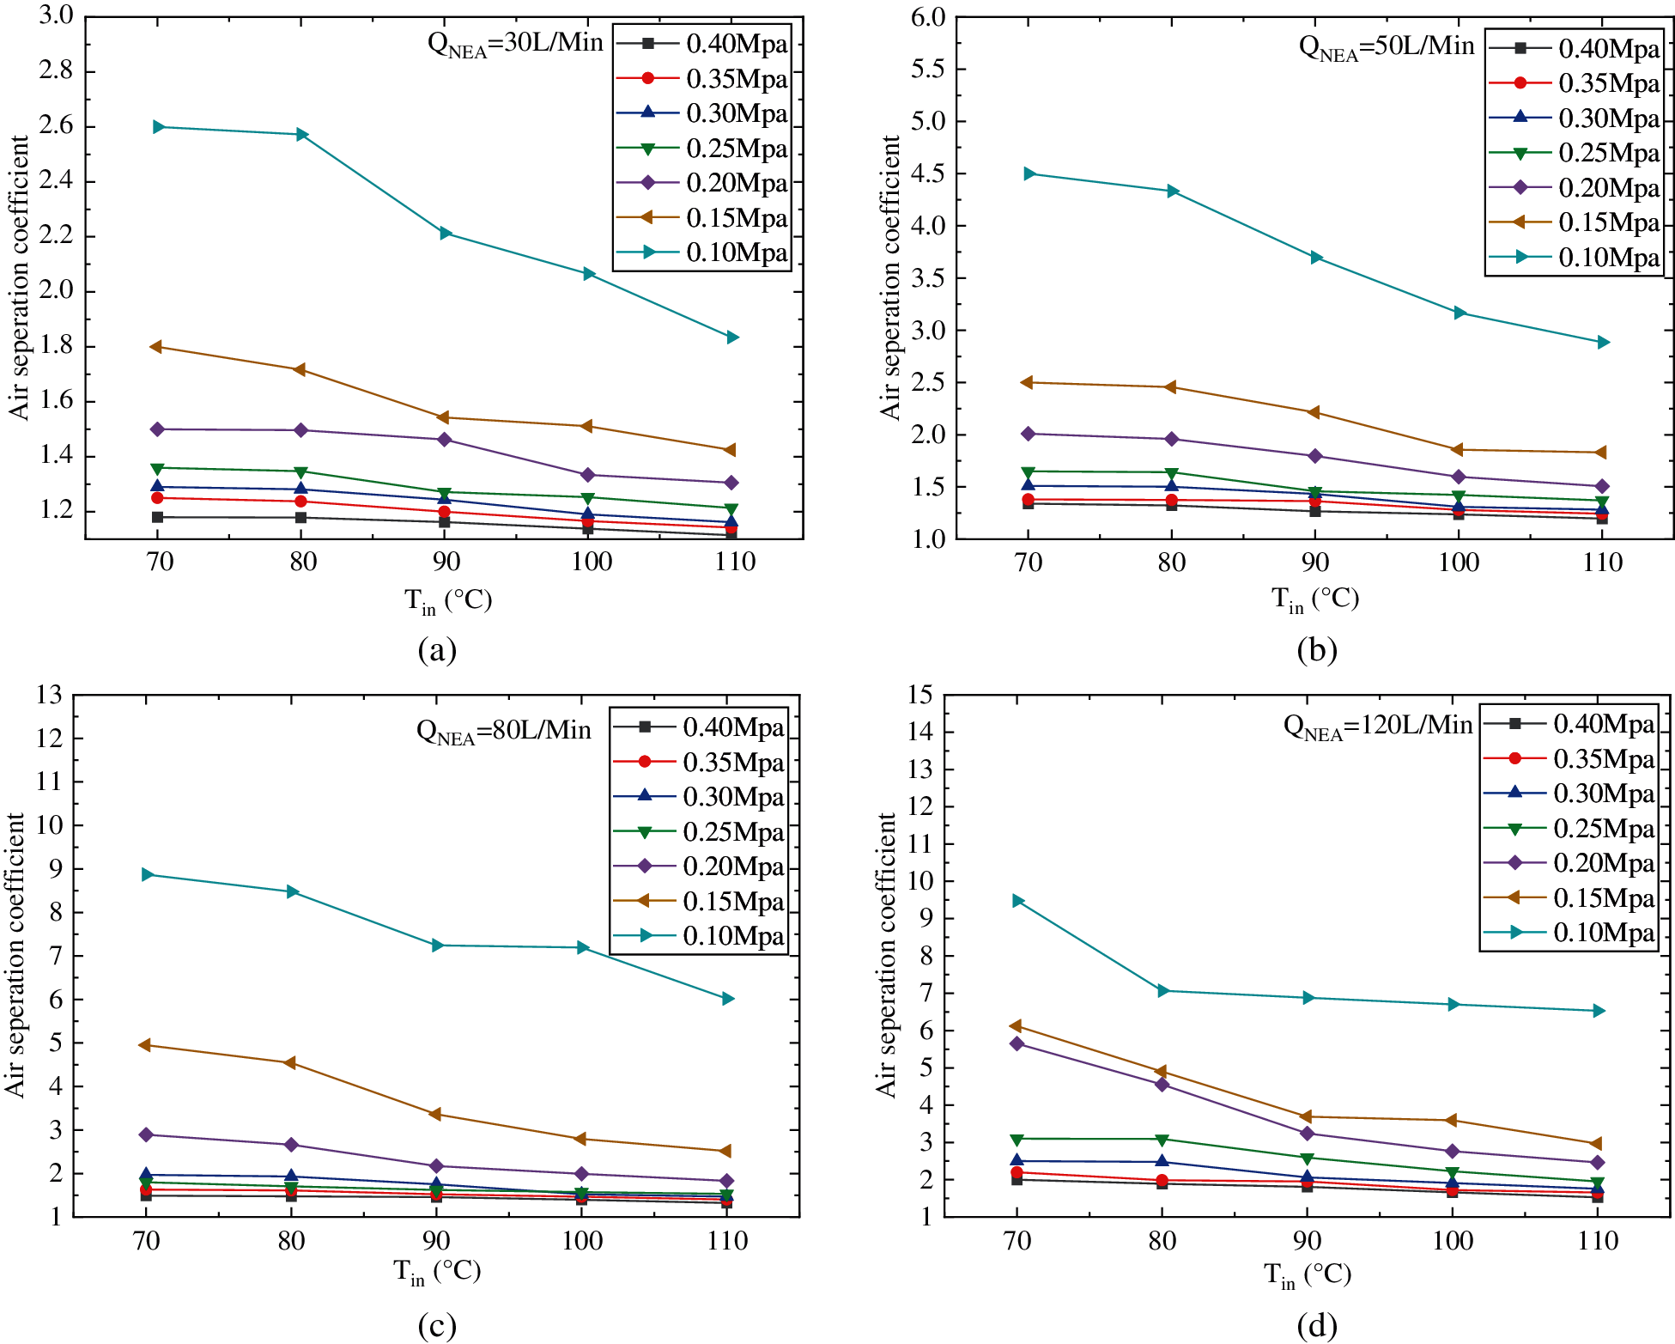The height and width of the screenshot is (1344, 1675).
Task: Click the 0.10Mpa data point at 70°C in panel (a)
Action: click(x=158, y=127)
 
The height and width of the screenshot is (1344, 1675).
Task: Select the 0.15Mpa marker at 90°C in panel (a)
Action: click(x=443, y=418)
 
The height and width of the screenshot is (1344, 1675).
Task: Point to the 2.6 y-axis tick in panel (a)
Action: click(x=57, y=126)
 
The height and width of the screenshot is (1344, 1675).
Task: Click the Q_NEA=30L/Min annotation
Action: click(x=515, y=44)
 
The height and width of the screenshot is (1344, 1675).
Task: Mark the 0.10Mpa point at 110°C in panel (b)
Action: click(x=1602, y=343)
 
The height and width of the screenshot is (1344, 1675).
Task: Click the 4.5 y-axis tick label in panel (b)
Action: click(x=928, y=174)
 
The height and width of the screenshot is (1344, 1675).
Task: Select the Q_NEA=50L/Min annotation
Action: click(x=1386, y=47)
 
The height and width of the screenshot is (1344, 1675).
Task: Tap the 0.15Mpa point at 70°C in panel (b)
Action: click(x=1027, y=383)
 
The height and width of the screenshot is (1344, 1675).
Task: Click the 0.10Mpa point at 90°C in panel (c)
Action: click(x=437, y=946)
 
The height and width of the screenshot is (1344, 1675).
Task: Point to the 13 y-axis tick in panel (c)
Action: click(x=50, y=695)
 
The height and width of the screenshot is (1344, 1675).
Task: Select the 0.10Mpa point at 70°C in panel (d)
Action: click(x=1018, y=901)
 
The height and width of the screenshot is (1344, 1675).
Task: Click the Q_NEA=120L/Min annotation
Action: click(x=1377, y=727)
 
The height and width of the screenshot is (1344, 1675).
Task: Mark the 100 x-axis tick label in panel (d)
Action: click(x=1453, y=1241)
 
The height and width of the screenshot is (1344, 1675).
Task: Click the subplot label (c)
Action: click(x=437, y=1326)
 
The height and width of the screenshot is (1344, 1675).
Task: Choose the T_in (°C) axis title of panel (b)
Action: click(x=1314, y=599)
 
